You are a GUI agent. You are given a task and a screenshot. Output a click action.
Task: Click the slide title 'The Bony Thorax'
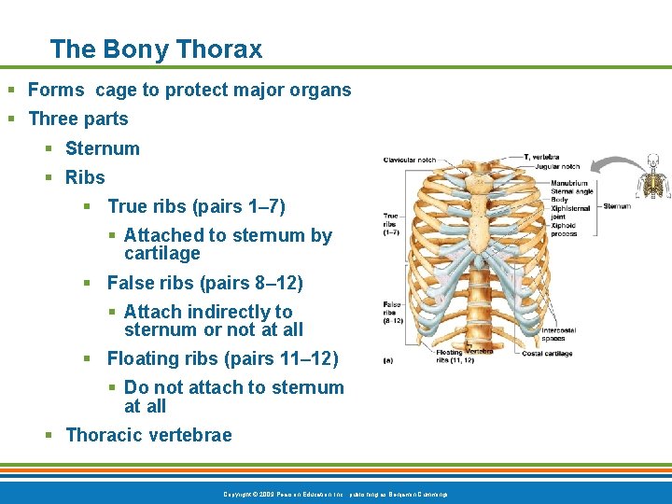tap(156, 49)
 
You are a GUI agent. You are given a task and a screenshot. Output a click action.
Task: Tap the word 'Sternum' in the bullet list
tap(102, 148)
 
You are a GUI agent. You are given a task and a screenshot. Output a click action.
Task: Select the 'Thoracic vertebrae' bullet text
tap(148, 435)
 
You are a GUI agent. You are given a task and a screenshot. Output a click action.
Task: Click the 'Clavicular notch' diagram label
tap(409, 160)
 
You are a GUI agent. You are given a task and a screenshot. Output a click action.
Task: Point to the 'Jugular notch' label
tap(557, 167)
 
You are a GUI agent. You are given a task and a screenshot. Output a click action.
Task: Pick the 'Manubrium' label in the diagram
tap(568, 184)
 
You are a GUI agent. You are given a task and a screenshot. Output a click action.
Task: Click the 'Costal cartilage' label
tap(547, 354)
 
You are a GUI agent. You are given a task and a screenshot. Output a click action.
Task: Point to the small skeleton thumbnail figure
tap(652, 176)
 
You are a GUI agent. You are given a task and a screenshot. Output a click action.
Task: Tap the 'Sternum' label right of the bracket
tap(617, 206)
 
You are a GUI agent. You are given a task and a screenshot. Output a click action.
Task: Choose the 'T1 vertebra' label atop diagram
tap(540, 157)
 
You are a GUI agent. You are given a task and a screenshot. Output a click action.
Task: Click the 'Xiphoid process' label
tap(565, 230)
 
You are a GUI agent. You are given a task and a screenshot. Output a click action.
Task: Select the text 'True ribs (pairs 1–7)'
tap(196, 206)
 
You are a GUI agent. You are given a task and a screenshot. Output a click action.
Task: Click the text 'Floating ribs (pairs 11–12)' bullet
tap(222, 358)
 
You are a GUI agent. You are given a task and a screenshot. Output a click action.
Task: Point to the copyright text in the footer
tap(336, 493)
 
